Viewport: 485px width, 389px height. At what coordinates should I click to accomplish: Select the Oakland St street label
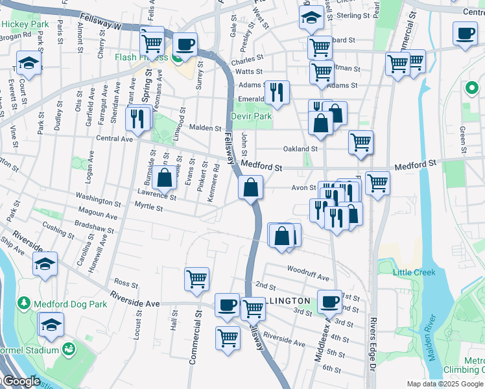pos(300,148)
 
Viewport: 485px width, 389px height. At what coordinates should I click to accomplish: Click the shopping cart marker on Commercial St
pos(196,279)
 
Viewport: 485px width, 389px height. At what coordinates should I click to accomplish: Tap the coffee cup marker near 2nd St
pos(330,301)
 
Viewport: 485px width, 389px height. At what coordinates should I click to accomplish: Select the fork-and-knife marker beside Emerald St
pos(277,91)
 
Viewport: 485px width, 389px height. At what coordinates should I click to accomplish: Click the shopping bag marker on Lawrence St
pos(165,176)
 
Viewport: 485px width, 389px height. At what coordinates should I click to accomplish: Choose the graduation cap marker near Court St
pos(29,63)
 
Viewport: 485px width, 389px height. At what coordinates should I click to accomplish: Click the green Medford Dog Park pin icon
pos(24,303)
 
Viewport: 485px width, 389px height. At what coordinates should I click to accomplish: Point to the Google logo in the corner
pos(21,381)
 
